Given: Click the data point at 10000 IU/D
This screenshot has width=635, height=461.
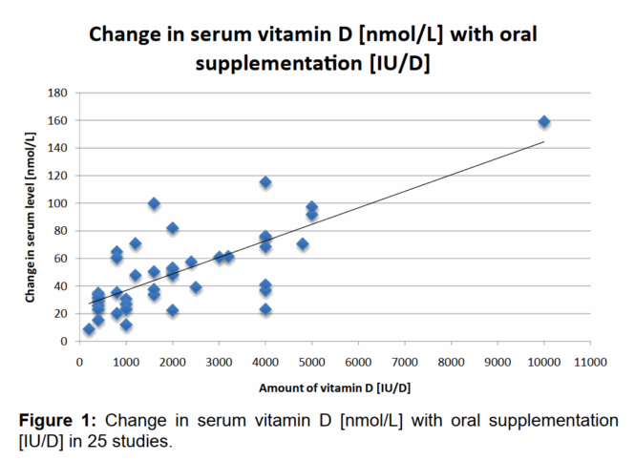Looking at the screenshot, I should [544, 122].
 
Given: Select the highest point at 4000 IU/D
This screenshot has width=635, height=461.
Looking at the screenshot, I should [265, 182].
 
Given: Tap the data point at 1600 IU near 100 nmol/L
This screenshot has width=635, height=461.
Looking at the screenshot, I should [154, 203].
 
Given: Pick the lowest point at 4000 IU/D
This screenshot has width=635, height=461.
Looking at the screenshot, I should [265, 309].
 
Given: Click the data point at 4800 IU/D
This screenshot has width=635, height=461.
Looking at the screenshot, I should [303, 244].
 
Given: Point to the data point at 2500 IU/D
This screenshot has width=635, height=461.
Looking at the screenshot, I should [196, 287].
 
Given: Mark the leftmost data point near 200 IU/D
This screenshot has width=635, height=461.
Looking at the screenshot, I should [89, 329].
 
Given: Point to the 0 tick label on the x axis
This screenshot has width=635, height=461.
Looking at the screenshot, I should [79, 362].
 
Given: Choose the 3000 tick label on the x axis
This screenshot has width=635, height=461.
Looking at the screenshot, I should [219, 362].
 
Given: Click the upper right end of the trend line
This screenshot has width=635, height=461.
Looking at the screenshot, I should [544, 141].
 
